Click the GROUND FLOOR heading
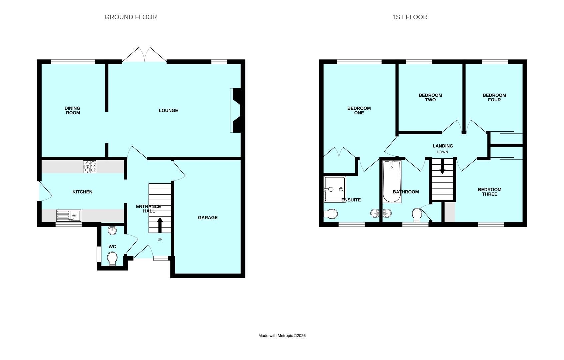(x=131, y=17)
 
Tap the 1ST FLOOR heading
(x=410, y=17)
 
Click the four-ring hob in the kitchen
(x=89, y=167)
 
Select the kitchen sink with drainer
(x=68, y=216)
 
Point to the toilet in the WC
(x=112, y=259)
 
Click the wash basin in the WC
(x=112, y=230)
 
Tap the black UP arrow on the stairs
(x=160, y=225)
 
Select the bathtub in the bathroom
(x=392, y=182)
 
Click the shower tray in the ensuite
(x=335, y=189)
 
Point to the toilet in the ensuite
(x=331, y=214)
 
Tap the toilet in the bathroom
(x=417, y=215)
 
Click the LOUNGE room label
(x=168, y=111)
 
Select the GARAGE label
(x=208, y=218)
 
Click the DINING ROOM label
(x=73, y=111)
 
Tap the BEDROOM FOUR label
(x=494, y=97)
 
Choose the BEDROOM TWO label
(x=430, y=97)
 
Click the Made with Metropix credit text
(x=282, y=336)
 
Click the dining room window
(x=73, y=62)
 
